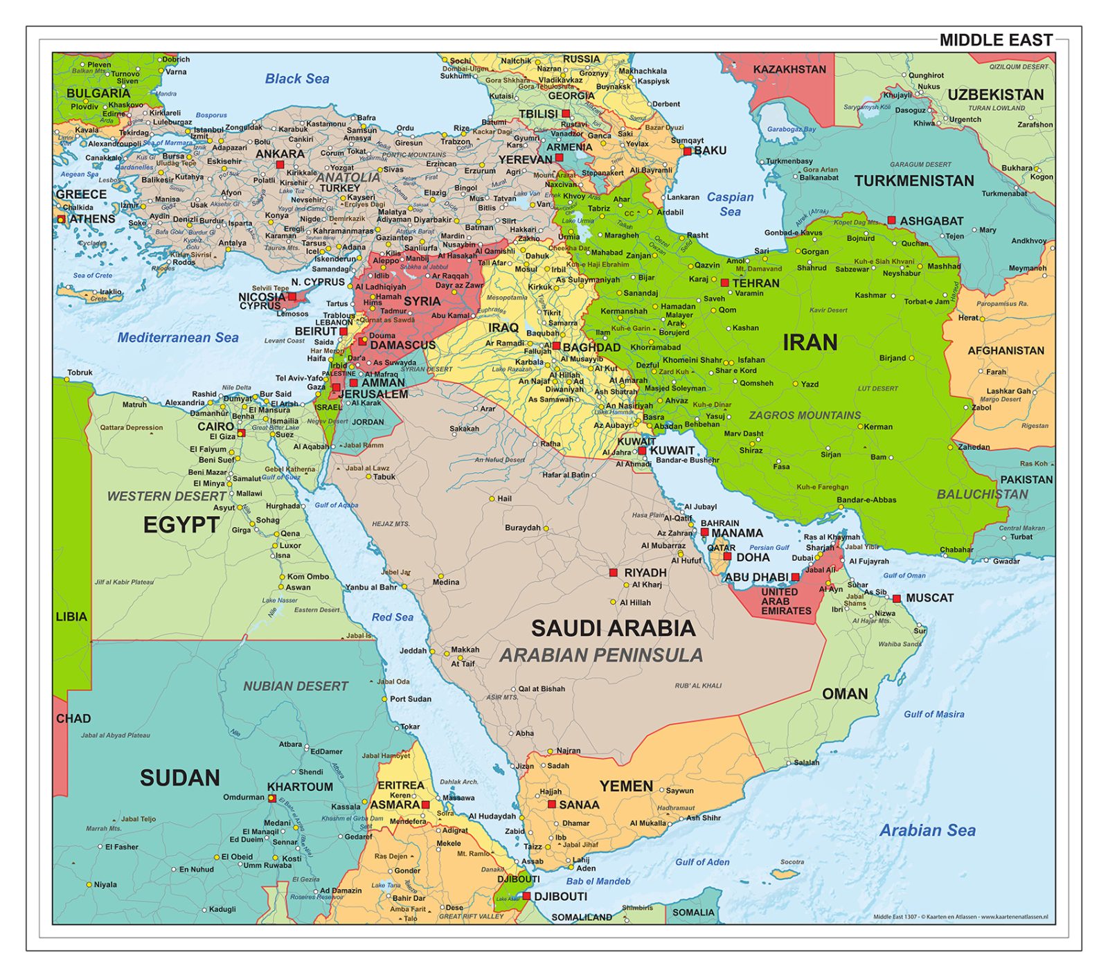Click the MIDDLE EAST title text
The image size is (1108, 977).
(x=995, y=40)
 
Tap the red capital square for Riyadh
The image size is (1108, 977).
(x=613, y=573)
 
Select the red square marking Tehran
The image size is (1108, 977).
(x=724, y=283)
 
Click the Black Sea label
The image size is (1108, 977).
(x=297, y=79)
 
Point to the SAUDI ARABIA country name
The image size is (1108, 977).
(x=613, y=628)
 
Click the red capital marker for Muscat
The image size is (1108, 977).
(x=897, y=598)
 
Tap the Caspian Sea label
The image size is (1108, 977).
(x=730, y=204)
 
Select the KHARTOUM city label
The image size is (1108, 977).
(x=300, y=787)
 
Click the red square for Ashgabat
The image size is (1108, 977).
(x=891, y=220)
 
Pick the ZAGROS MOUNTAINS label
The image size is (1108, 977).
(x=805, y=415)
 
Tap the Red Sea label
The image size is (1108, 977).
(x=392, y=617)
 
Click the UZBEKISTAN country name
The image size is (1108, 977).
(x=995, y=95)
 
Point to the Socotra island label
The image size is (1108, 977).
(x=792, y=862)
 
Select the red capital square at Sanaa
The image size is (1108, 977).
(x=552, y=805)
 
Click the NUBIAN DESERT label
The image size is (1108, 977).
(x=295, y=686)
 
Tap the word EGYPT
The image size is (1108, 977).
(x=181, y=525)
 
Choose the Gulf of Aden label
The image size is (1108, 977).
(x=702, y=862)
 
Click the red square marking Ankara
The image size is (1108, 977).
(x=280, y=165)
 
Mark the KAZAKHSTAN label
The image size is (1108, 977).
(x=789, y=69)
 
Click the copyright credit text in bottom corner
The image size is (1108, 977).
(x=960, y=917)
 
